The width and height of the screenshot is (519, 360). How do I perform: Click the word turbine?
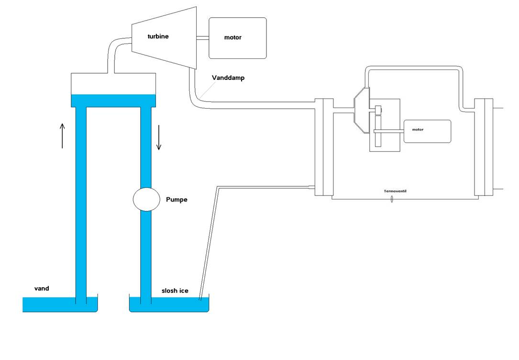click(x=158, y=36)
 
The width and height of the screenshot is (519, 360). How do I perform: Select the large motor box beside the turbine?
click(x=237, y=38)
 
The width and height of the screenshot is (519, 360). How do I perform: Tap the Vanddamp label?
click(x=228, y=78)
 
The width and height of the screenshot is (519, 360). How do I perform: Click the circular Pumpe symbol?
click(x=146, y=199)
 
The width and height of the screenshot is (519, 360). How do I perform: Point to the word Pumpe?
click(x=177, y=200)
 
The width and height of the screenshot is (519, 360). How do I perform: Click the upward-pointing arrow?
click(x=62, y=135)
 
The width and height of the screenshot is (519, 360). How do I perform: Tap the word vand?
click(x=42, y=289)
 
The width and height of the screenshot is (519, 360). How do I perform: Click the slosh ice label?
click(x=175, y=291)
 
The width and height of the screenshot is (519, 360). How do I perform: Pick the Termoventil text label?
click(x=395, y=191)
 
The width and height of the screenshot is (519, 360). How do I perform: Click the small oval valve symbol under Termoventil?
click(x=392, y=199)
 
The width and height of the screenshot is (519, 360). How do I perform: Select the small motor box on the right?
click(x=427, y=131)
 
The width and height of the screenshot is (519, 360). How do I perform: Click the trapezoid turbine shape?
click(x=165, y=38)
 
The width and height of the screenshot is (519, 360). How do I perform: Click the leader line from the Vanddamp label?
click(x=207, y=90)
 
